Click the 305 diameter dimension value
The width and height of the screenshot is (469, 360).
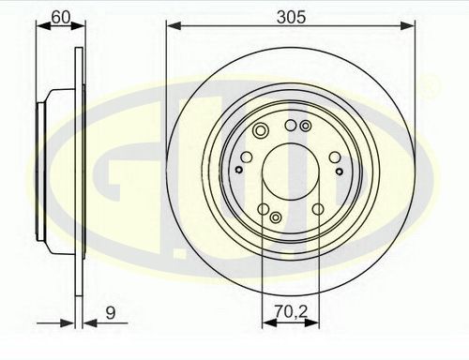click(x=291, y=17)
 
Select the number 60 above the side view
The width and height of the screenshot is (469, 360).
click(x=61, y=18)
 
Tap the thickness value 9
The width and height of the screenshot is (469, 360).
click(x=111, y=313)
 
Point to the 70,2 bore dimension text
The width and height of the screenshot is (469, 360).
click(x=292, y=311)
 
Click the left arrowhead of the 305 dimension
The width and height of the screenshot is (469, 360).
click(x=174, y=25)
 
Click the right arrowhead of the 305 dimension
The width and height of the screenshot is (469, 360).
click(x=407, y=25)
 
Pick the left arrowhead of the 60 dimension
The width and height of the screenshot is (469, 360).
click(x=44, y=26)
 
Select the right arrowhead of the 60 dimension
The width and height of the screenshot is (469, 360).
click(x=78, y=26)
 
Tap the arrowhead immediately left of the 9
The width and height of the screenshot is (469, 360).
click(x=91, y=323)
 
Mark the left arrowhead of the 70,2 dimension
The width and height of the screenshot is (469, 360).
click(x=269, y=322)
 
